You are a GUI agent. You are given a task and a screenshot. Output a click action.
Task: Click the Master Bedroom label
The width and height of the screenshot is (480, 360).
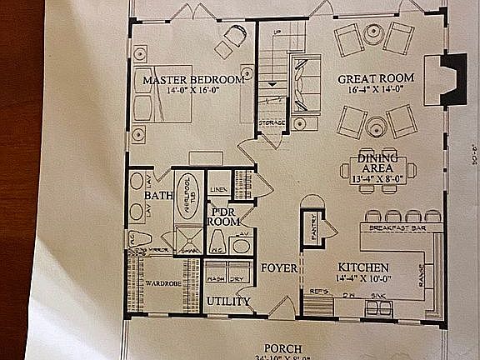192,80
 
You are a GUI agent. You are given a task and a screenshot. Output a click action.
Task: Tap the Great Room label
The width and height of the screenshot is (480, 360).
372,80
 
